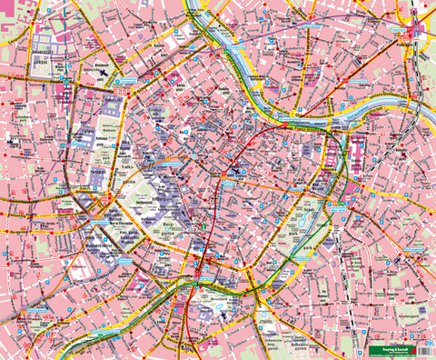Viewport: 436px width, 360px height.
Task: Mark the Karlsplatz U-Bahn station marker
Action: pos(205,264)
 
